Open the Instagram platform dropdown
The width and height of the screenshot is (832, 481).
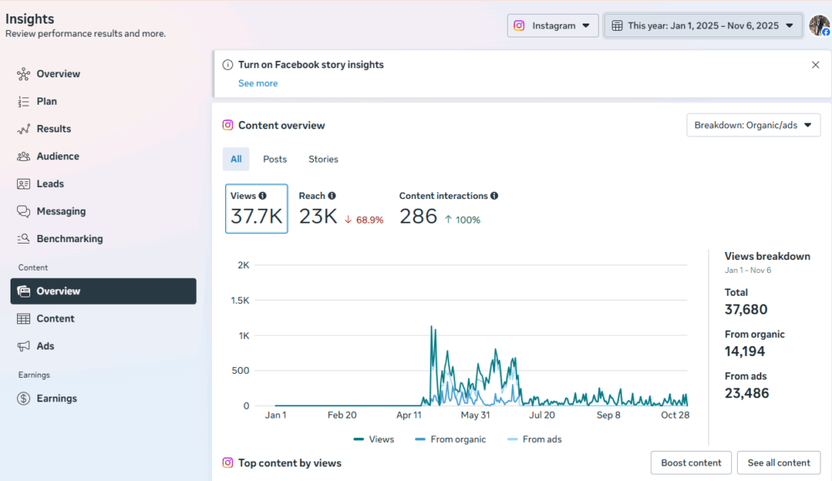(553, 25)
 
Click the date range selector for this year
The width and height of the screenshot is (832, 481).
(703, 25)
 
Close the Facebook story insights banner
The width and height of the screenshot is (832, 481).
(816, 65)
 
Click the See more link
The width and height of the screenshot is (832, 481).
(258, 84)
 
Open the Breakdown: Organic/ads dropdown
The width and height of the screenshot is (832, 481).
(753, 125)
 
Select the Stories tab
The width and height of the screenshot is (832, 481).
(323, 159)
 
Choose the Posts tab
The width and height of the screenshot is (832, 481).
(275, 159)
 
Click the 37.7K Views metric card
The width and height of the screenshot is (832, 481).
(256, 209)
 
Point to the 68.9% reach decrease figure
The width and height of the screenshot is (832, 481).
(364, 219)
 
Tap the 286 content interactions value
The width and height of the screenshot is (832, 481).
(418, 217)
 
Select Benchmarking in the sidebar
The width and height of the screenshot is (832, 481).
(69, 239)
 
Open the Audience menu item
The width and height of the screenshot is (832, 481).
(58, 156)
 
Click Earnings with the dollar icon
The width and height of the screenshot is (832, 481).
(56, 398)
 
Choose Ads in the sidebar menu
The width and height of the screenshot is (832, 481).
(45, 346)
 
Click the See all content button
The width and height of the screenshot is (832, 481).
(778, 462)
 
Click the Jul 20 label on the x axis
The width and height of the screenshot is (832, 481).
(541, 415)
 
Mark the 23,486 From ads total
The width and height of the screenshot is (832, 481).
(747, 393)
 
